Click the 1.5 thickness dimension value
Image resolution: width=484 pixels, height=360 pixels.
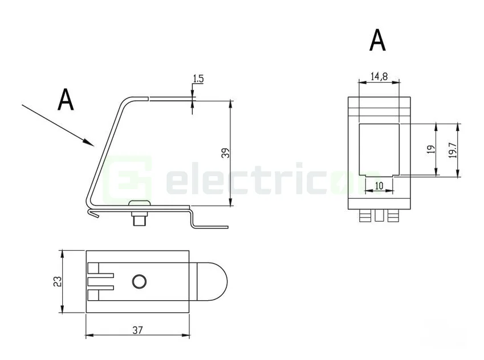(198, 79)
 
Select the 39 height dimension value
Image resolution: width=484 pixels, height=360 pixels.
(225, 153)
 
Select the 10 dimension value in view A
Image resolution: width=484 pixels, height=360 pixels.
(378, 185)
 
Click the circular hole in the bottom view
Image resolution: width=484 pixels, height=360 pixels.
(139, 281)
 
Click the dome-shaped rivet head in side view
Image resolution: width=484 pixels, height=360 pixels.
(139, 204)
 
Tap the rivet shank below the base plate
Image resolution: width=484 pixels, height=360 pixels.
(139, 219)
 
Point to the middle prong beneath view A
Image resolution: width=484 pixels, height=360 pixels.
(379, 216)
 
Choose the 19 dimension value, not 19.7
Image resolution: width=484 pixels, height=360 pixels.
(431, 149)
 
